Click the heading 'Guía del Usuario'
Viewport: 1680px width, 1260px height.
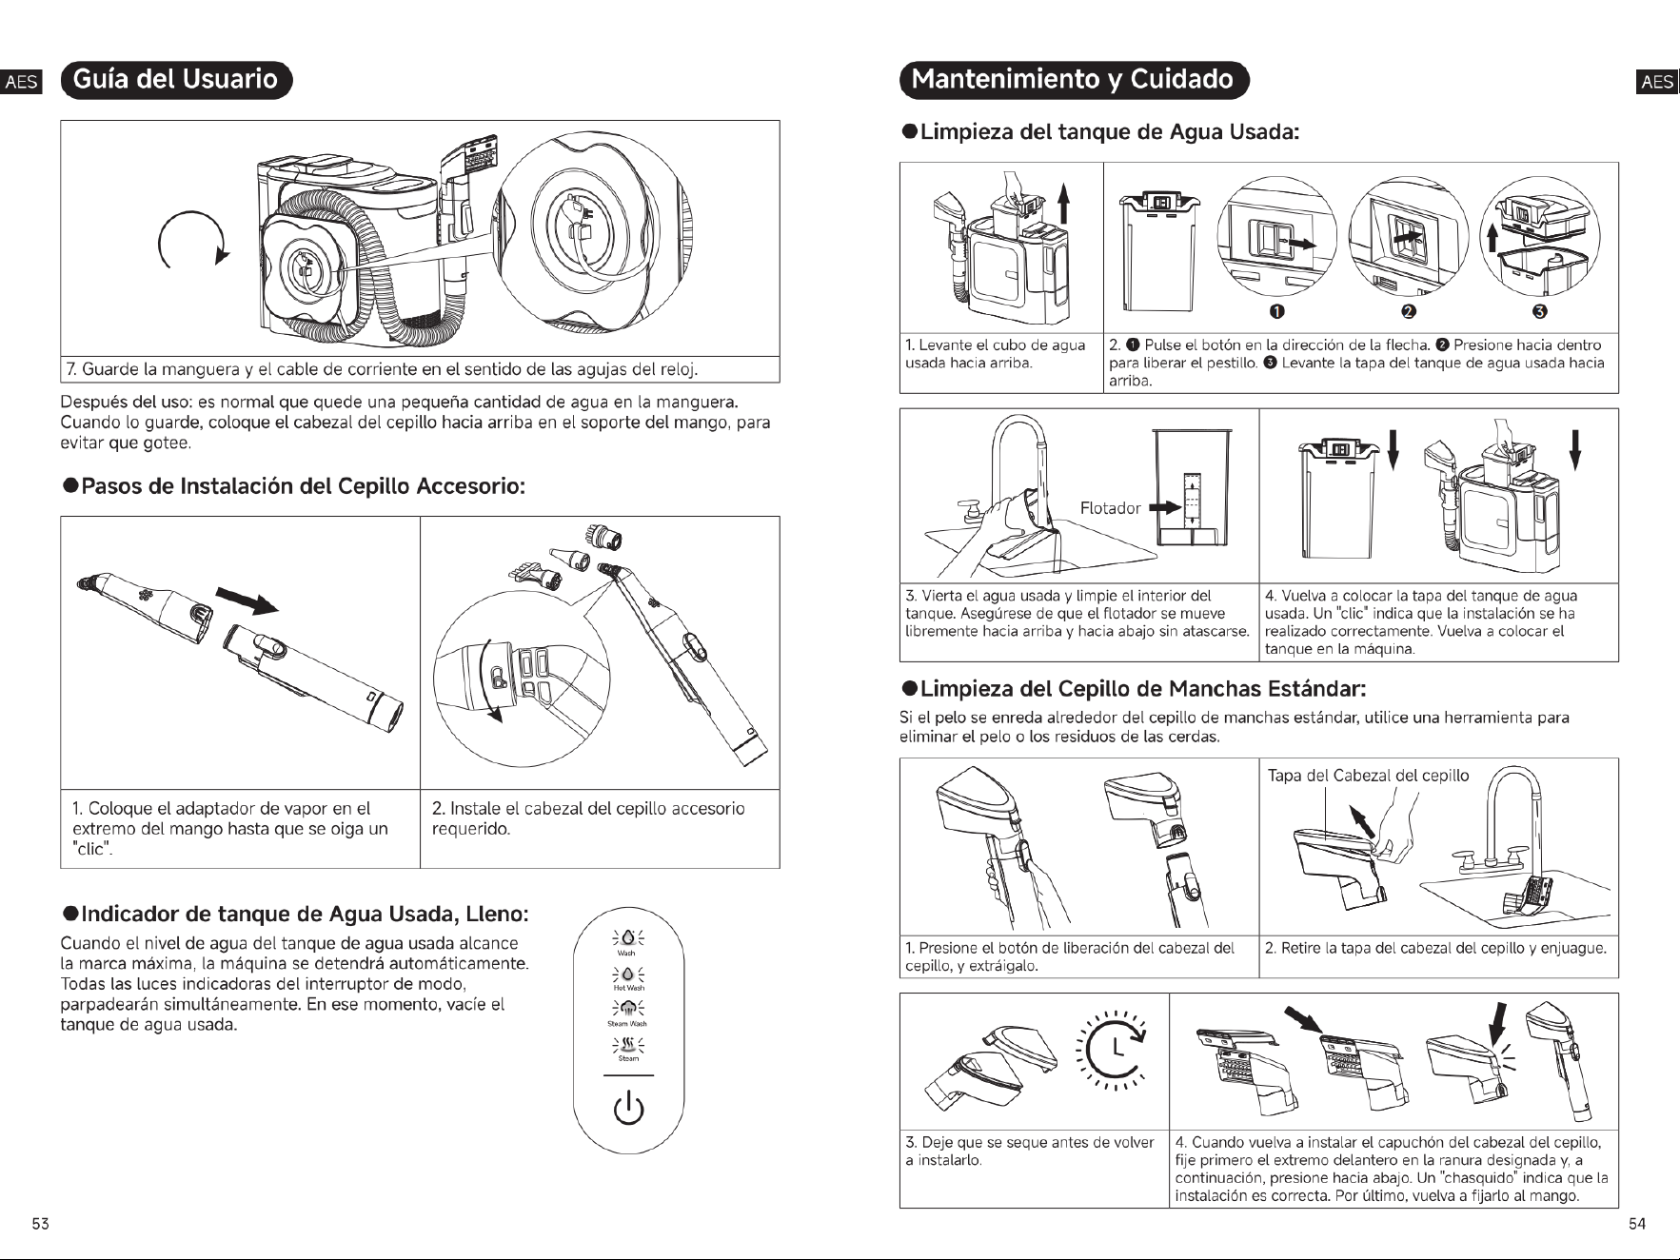(175, 79)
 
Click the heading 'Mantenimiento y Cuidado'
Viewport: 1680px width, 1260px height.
(1073, 79)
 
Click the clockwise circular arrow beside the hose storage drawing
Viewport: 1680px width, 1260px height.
(194, 239)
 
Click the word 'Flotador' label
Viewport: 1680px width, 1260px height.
(1110, 508)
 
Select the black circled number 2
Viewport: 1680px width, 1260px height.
(1409, 312)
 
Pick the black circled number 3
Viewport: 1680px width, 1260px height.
(1540, 312)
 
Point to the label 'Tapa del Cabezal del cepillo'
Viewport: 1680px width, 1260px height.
(1368, 775)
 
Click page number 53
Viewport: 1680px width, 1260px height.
(41, 1224)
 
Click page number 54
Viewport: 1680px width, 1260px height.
(1637, 1224)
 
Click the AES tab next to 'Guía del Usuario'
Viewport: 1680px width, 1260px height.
(22, 81)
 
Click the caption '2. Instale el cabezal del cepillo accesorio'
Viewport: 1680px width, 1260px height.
(588, 808)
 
